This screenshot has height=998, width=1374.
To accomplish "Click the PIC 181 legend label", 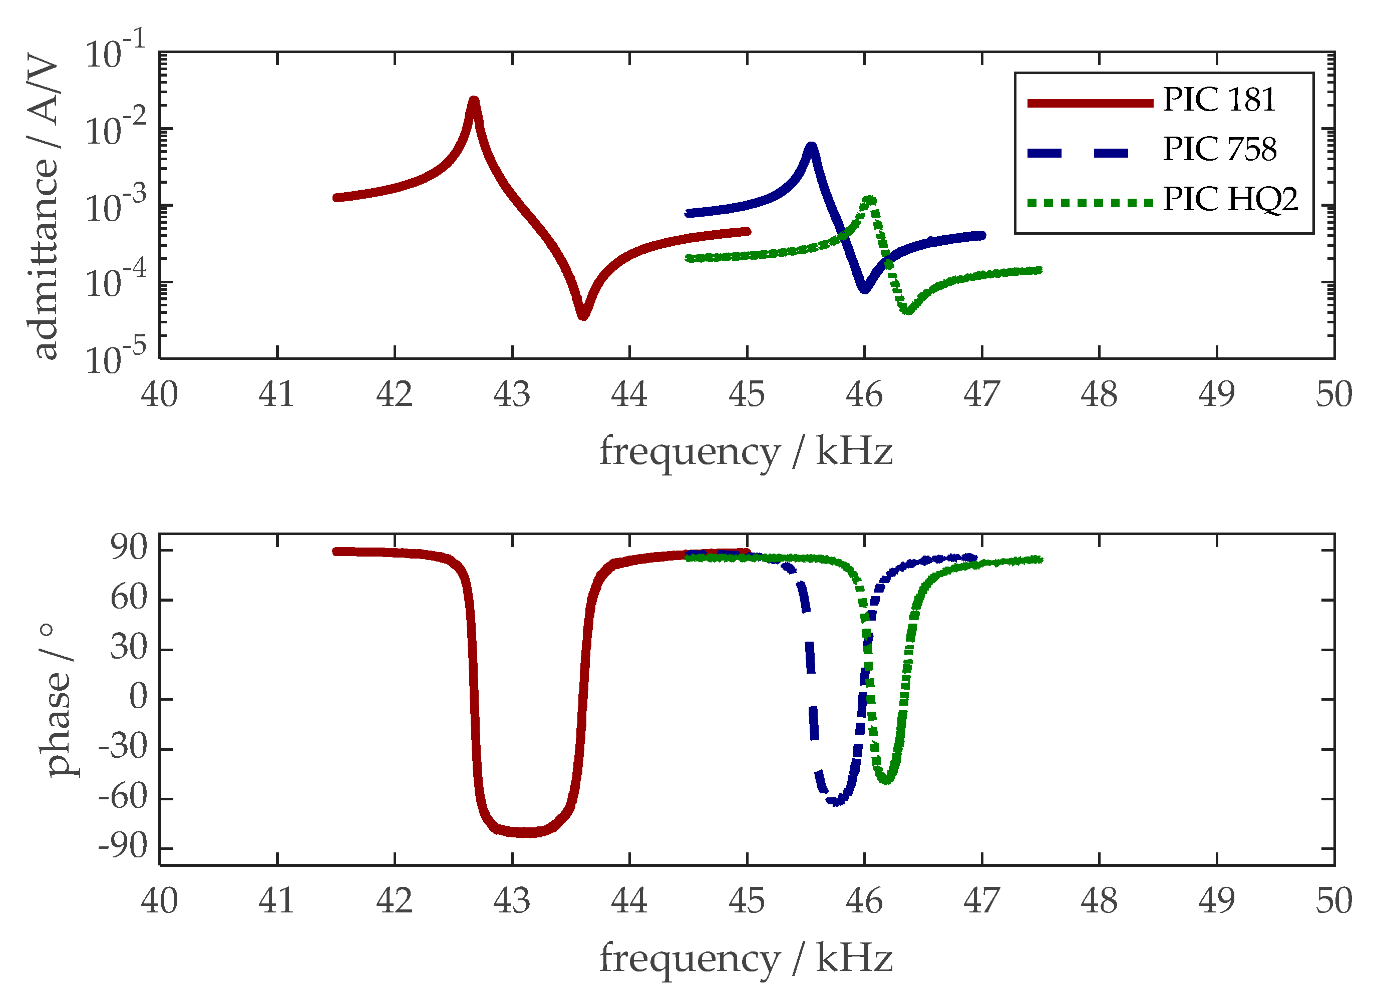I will [1218, 100].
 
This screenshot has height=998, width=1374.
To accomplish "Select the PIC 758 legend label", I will [1219, 150].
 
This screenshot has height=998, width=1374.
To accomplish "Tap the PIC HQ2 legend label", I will [1230, 199].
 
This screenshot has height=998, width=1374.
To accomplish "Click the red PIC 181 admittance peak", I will [474, 102].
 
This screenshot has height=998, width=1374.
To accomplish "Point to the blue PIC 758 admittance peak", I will [811, 147].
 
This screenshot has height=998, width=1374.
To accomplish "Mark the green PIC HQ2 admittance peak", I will [870, 200].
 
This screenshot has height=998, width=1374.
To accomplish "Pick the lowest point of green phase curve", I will [886, 780].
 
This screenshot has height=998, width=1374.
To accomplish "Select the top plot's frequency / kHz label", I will [746, 452].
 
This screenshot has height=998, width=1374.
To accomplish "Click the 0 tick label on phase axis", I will [138, 698].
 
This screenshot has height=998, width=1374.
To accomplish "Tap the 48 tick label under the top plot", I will [1099, 395].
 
